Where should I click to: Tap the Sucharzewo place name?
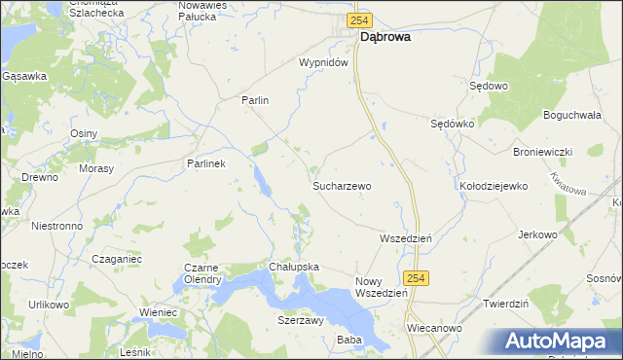point(341,184)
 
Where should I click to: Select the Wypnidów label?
point(323,62)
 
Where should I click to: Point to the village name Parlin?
point(254,100)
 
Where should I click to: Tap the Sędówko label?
point(452,125)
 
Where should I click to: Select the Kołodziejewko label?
point(493,185)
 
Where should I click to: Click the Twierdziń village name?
point(505,304)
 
